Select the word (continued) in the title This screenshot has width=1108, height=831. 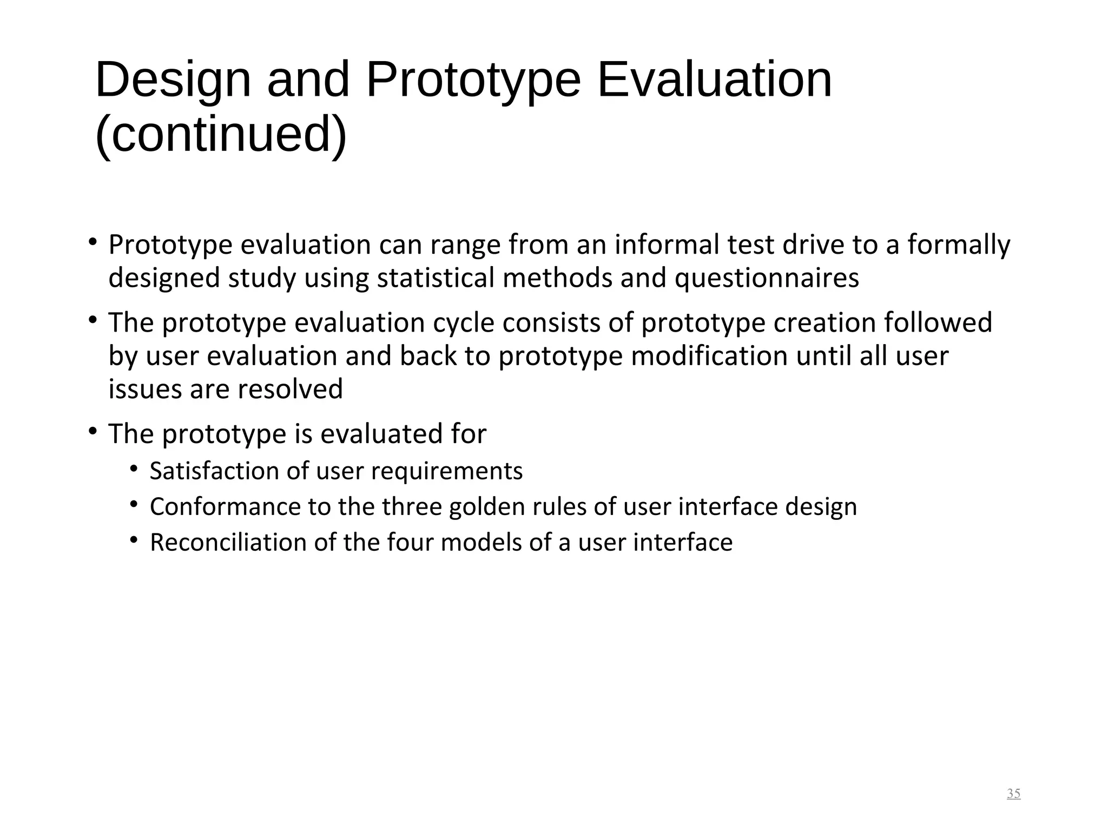[x=221, y=135]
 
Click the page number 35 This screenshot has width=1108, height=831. [x=1013, y=794]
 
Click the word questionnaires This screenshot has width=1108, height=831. [x=767, y=278]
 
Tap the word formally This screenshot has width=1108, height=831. [x=959, y=246]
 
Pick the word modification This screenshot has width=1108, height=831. [x=709, y=357]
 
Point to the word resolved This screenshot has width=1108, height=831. [x=290, y=390]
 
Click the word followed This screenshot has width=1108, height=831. [x=938, y=322]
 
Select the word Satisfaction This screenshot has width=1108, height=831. [x=214, y=471]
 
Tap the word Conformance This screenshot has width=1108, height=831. [x=225, y=507]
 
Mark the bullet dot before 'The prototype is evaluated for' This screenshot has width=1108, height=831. [x=93, y=432]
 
